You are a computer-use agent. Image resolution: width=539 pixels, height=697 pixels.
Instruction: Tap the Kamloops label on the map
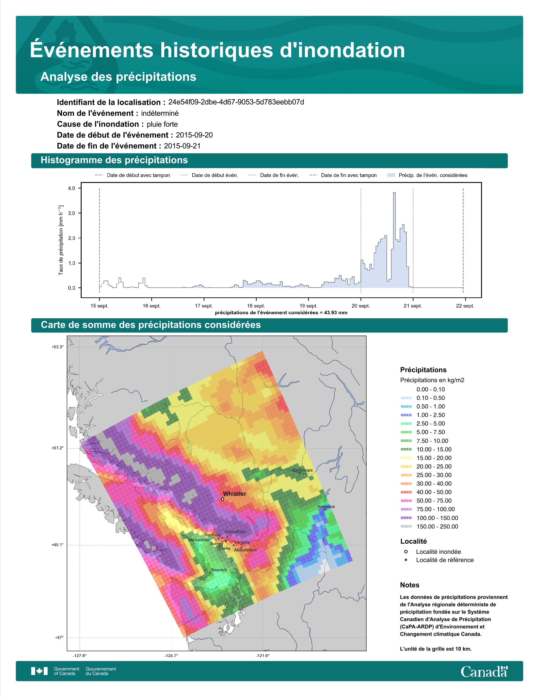[303, 470]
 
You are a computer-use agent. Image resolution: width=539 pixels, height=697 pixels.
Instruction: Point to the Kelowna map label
[326, 506]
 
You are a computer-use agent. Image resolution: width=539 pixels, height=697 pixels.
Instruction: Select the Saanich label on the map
[219, 570]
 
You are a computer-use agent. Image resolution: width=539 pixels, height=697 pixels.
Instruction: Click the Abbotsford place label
[245, 550]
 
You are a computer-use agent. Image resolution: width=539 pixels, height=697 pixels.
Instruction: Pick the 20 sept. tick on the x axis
[361, 306]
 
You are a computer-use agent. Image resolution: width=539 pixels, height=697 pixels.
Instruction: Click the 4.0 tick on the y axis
[71, 188]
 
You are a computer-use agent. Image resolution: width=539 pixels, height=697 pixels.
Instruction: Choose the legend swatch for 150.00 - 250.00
[406, 527]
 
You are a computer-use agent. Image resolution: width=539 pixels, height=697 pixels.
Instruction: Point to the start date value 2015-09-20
[194, 135]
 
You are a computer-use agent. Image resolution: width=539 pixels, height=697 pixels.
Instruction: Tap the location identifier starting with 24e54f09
[236, 102]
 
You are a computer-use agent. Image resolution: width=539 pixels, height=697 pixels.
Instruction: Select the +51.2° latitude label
[58, 448]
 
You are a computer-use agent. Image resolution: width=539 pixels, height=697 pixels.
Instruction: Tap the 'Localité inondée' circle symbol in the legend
[406, 552]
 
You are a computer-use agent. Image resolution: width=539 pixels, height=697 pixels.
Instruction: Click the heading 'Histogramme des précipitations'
[114, 160]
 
